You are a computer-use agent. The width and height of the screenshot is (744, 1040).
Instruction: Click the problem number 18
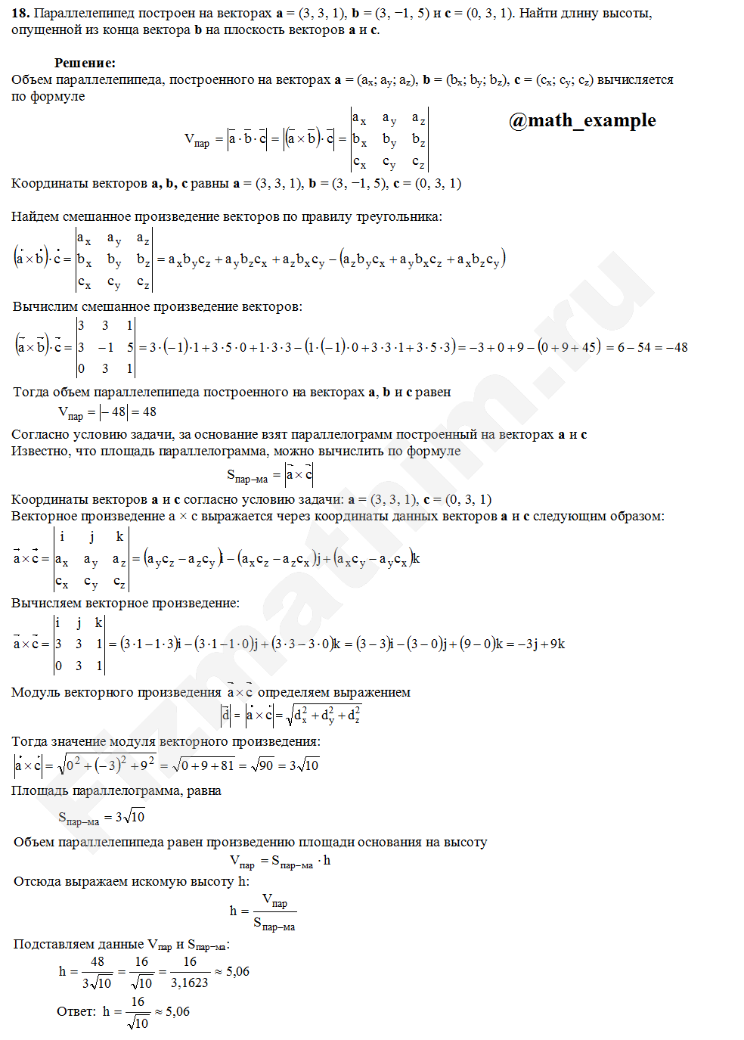point(20,13)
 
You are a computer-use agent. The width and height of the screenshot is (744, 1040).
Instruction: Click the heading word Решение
point(85,63)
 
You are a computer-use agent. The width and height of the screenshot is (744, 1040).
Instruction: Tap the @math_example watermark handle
point(582,120)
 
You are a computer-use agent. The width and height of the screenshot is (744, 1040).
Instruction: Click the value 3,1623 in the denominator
point(189,983)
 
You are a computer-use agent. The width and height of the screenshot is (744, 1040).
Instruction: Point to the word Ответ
point(76,1011)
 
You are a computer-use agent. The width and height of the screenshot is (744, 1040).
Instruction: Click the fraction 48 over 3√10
point(98,972)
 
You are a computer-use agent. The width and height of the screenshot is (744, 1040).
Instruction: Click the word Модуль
point(37,692)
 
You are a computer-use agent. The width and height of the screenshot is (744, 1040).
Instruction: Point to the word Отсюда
point(38,881)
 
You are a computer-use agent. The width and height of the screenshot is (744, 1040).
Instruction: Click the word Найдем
point(34,216)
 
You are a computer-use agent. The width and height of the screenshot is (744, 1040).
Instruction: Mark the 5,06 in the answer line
point(178,1011)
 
